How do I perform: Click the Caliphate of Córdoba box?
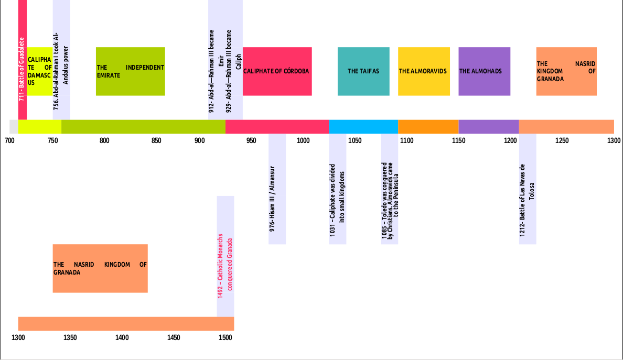(277, 71)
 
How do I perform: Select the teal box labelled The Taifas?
(363, 71)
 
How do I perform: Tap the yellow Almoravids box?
(424, 71)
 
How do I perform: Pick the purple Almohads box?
(484, 71)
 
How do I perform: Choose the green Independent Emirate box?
(130, 71)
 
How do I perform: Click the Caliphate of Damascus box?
(39, 71)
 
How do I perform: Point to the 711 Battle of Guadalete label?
(22, 68)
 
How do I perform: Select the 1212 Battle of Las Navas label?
(527, 199)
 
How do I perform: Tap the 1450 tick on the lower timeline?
(174, 337)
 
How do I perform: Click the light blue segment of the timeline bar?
(363, 127)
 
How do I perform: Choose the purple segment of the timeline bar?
(488, 127)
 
